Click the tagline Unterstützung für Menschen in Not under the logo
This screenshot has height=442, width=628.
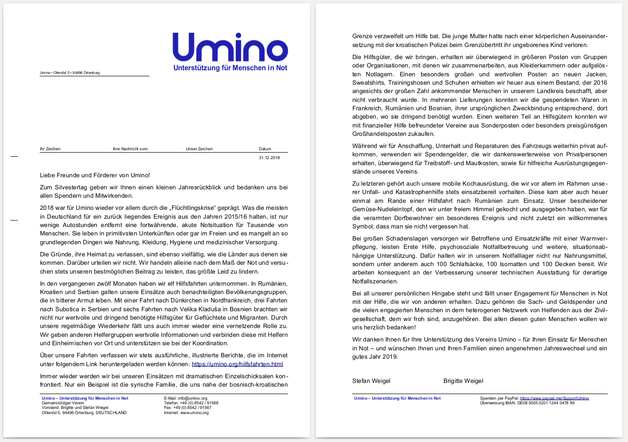pos(230,68)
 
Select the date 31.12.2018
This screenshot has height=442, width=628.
pos(269,158)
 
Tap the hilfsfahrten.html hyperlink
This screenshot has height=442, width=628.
pos(237,364)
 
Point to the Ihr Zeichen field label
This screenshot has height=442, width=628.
pos(50,149)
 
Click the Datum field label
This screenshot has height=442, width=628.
pos(265,149)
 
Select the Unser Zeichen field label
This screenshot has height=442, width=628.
pos(199,149)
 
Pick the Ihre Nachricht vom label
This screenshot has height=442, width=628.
pos(130,149)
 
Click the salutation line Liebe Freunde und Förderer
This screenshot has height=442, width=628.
pos(95,175)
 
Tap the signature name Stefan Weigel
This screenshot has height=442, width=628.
pos(371,381)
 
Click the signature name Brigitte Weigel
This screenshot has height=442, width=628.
pos(463,381)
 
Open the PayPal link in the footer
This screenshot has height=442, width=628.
pos(554,398)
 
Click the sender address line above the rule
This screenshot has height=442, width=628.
pos(70,73)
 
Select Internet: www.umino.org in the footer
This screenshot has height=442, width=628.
pos(186,413)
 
